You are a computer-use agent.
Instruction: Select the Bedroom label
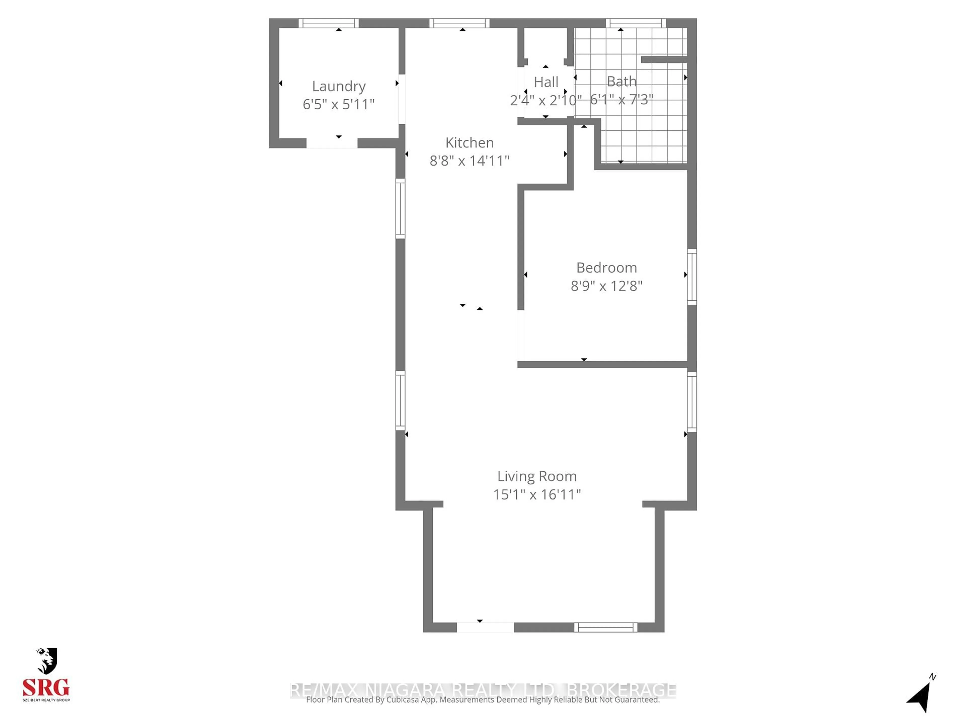click(606, 267)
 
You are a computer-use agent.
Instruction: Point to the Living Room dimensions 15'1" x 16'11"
click(537, 494)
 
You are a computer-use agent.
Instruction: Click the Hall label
click(546, 82)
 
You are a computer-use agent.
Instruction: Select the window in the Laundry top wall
click(328, 23)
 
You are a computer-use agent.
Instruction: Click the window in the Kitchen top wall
click(459, 23)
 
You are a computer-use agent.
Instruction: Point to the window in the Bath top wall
click(635, 23)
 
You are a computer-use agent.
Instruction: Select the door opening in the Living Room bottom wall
click(485, 627)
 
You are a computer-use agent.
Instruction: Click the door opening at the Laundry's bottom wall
click(332, 143)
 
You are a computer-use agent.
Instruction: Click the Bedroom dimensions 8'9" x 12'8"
click(606, 286)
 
